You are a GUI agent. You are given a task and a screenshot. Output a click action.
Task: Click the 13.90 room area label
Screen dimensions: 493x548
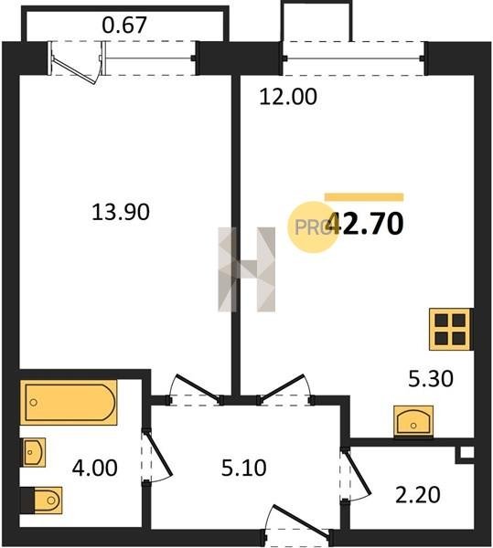click(x=121, y=212)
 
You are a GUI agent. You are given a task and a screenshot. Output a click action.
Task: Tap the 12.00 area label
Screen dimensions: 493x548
click(x=288, y=97)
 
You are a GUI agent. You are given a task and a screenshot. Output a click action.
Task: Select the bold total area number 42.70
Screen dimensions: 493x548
click(x=365, y=224)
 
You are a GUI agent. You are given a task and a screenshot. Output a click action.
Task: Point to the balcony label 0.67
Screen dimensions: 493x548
click(x=124, y=25)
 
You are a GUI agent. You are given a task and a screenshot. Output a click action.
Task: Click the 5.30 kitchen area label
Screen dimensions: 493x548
click(x=431, y=378)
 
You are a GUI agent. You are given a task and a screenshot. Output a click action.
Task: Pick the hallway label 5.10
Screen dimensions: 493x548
click(x=243, y=468)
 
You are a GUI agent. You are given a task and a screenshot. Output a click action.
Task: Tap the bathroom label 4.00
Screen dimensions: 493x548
click(x=94, y=468)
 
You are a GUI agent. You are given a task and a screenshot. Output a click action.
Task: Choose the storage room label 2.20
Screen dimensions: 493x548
click(x=417, y=494)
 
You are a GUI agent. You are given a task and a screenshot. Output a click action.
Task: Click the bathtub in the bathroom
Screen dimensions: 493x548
click(x=69, y=402)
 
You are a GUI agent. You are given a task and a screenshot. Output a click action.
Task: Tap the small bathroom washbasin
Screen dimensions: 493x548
click(x=34, y=452)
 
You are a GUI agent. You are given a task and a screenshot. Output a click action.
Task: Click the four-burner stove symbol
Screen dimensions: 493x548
click(x=450, y=329)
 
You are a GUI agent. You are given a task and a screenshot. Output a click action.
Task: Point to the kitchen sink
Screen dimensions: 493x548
click(x=413, y=421)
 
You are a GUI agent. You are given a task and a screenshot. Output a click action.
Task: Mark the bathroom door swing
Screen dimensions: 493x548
click(x=157, y=456)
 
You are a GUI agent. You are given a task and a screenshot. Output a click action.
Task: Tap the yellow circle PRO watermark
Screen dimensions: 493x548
click(x=313, y=227)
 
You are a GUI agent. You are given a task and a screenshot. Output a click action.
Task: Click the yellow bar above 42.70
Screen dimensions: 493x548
click(x=364, y=197)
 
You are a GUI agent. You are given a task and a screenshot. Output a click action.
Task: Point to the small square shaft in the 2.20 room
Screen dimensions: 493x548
click(x=466, y=454)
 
